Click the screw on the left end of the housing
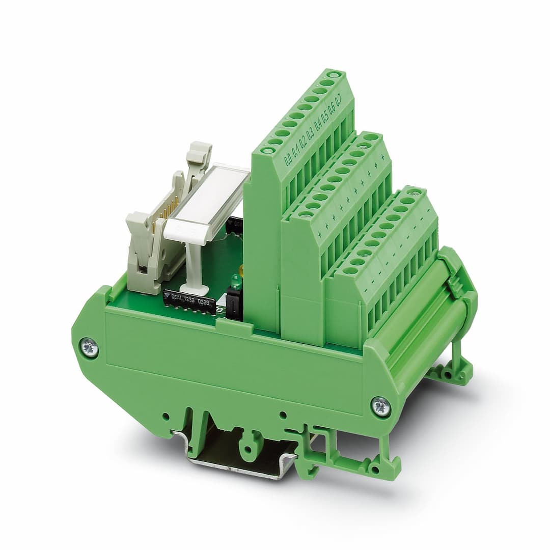click(x=89, y=349)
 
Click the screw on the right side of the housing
click(x=380, y=406)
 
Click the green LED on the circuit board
click(x=236, y=281)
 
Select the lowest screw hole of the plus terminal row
click(x=306, y=215)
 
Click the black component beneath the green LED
click(x=234, y=306)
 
